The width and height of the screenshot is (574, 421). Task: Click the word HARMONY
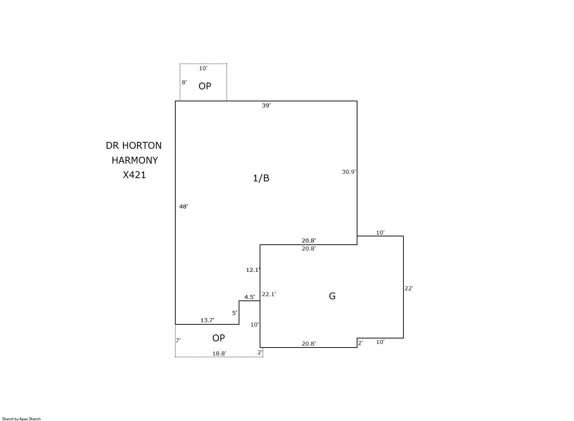135,160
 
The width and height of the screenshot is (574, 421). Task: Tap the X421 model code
134,175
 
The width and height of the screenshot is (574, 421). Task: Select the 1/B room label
261,178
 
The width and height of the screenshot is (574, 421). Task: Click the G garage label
332,296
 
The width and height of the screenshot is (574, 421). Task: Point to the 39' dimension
266,105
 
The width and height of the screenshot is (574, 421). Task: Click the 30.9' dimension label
349,172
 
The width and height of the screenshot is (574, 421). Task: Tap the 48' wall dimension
184,206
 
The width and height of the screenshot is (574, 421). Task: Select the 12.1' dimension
253,270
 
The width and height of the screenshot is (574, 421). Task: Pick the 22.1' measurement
269,294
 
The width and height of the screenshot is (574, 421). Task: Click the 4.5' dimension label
249,297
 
